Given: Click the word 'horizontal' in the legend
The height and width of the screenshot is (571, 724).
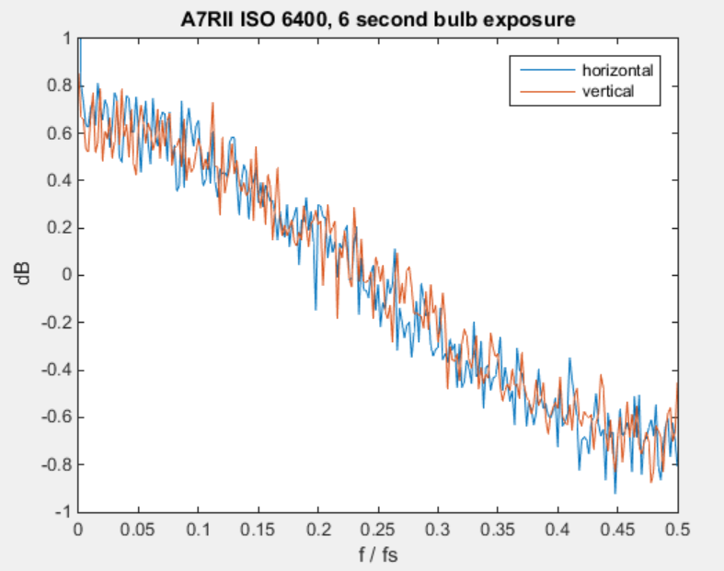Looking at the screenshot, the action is click(x=617, y=70).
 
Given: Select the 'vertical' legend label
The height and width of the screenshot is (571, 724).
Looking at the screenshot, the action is click(x=608, y=91).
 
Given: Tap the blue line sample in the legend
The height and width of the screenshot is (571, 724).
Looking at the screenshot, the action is click(x=547, y=70).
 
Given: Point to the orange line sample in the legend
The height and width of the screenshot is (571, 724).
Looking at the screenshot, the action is click(x=547, y=91).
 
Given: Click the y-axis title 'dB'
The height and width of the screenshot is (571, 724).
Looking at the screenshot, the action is click(x=23, y=273).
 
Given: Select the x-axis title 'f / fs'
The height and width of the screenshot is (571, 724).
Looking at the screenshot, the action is click(x=378, y=554).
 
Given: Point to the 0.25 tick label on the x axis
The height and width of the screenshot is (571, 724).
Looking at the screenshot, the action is click(x=378, y=530).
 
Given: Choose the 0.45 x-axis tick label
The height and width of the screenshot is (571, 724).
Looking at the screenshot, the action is click(x=618, y=530).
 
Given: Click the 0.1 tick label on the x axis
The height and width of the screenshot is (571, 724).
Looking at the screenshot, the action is click(x=198, y=530).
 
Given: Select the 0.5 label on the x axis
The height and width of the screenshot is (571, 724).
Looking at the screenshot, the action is click(x=677, y=530).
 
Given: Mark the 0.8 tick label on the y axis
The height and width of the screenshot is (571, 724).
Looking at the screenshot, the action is click(x=60, y=86).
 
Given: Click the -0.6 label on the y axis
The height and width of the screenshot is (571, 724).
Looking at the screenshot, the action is click(x=57, y=417).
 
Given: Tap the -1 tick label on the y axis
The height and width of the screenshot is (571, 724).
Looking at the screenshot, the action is click(x=63, y=512).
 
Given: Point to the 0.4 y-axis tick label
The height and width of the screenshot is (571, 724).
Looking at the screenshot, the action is click(x=60, y=180).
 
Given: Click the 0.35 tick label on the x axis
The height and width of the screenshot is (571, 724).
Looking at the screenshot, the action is click(x=498, y=530).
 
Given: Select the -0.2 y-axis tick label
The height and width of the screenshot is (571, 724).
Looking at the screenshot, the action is click(x=57, y=322).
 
